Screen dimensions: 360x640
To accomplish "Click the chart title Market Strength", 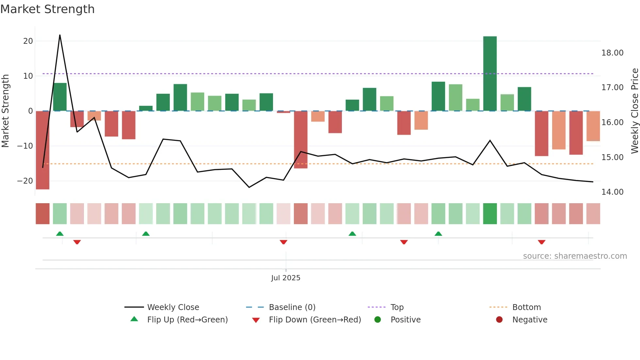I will pos(47,9).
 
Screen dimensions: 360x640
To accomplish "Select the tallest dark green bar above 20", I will pos(490,74).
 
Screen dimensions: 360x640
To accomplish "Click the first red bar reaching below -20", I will pos(42,150).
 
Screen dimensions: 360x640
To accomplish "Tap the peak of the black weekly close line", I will pos(60,35).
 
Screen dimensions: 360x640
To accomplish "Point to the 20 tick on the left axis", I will pos(28,41).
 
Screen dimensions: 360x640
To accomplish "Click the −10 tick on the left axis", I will pos(25,146).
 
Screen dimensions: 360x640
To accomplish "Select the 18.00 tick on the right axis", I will pos(612,53).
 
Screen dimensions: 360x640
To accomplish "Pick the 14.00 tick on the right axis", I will pos(612,192).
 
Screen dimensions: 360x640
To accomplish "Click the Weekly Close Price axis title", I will pos(634,111).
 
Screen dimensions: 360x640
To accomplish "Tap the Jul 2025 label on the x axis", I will pos(286,278).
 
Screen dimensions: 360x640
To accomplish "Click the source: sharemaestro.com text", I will pos(575,256).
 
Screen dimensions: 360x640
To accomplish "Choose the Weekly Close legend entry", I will pos(173,307).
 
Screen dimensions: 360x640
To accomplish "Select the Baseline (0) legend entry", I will pos(292,307).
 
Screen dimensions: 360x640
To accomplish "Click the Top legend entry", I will pos(397,307).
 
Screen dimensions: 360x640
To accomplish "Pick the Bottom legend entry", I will pos(526,307).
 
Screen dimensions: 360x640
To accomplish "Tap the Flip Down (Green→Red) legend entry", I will pos(314,320).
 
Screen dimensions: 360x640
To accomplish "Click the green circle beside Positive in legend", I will pos(378,320).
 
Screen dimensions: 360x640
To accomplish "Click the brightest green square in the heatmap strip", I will pos(490,214).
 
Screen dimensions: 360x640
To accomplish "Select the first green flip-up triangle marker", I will pos(60,234).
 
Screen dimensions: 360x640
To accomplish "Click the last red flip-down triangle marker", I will pos(541,242).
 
